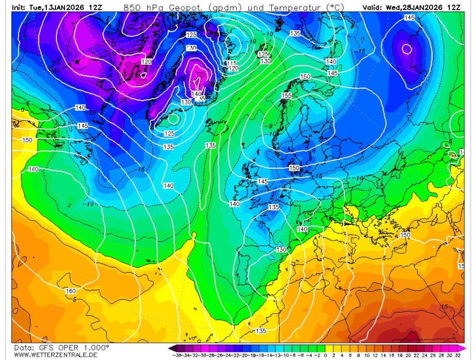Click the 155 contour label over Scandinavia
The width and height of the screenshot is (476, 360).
(x=287, y=96)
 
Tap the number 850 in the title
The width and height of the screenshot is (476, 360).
(x=132, y=7)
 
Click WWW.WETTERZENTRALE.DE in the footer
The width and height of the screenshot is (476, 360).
(x=50, y=355)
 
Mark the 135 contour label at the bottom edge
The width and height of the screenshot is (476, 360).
(x=261, y=331)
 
